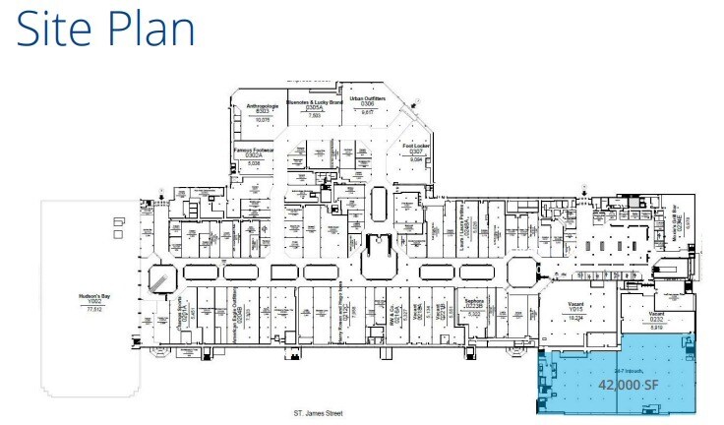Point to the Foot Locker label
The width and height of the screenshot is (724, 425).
pos(420,146)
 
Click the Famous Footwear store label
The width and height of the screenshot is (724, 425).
pos(253,151)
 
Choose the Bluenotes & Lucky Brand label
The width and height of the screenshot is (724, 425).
pos(315,100)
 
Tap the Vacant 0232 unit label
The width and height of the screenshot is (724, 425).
pos(657,315)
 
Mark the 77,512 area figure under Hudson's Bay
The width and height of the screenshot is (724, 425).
pos(94,308)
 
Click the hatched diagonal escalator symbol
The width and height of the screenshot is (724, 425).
pos(156,278)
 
